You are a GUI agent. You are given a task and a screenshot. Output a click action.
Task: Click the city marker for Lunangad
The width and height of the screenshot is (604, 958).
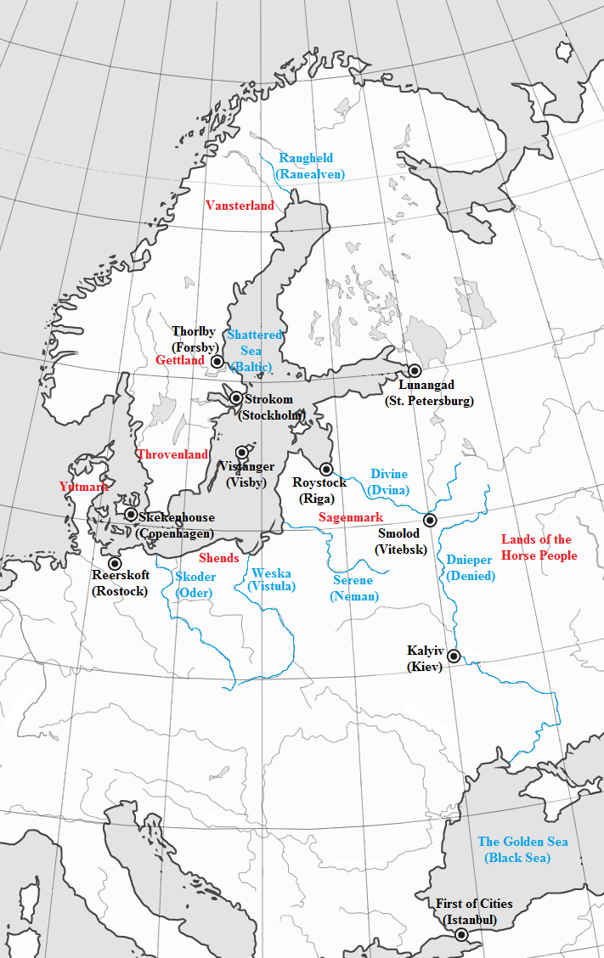click(x=415, y=370)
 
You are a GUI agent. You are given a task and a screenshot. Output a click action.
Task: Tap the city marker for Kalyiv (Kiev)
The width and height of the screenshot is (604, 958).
click(x=454, y=656)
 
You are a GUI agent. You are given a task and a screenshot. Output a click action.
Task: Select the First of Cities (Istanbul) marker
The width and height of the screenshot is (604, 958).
click(x=461, y=935)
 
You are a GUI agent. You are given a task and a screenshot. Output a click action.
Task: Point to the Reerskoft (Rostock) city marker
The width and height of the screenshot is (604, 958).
click(x=115, y=563)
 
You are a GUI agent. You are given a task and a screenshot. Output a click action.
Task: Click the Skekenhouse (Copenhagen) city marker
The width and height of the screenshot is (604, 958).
click(x=131, y=514)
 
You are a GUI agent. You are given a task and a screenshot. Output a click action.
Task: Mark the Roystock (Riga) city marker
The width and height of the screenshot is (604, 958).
click(x=325, y=469)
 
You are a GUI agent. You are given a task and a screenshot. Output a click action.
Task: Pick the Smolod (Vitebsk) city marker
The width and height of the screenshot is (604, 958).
click(x=430, y=520)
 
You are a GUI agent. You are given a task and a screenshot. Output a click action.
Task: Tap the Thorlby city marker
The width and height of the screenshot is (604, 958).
click(x=217, y=361)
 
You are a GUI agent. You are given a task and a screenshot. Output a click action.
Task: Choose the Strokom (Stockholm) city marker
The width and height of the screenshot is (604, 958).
click(x=236, y=397)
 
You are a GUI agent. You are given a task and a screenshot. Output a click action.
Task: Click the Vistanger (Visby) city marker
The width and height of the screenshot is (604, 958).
click(x=242, y=452)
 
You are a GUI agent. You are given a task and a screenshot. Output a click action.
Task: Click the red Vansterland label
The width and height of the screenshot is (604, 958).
click(x=240, y=206)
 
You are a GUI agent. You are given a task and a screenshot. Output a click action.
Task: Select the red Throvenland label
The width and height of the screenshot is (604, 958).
click(x=172, y=454)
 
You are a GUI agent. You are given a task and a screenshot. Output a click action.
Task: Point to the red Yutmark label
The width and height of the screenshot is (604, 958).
click(x=84, y=487)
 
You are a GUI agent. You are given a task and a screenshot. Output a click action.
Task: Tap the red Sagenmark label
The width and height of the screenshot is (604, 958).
click(x=351, y=517)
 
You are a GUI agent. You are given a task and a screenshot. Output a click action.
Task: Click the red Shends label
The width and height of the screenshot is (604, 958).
click(x=218, y=558)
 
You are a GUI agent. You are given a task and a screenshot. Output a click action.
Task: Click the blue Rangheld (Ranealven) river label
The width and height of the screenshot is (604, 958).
click(x=306, y=166)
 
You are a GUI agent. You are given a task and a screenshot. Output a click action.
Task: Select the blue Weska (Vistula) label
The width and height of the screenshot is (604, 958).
click(x=272, y=579)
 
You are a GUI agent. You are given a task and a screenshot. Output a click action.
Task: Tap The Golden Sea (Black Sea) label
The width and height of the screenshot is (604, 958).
click(x=522, y=849)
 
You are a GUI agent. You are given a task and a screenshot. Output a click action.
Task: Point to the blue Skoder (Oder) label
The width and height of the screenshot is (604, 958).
click(x=195, y=584)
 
